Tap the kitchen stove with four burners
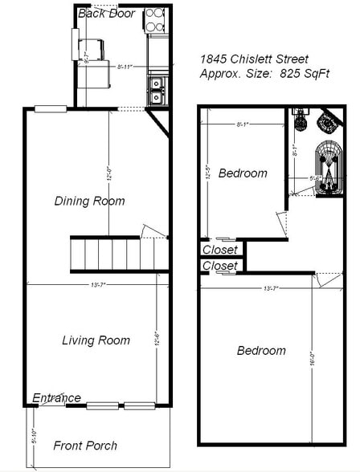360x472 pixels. [156, 20]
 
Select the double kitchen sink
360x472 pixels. [156, 90]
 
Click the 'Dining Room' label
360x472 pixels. [89, 201]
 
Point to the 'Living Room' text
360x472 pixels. [96, 340]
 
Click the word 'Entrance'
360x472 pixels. [56, 397]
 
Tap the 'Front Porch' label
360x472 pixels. [85, 445]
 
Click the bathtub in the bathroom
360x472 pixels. [328, 169]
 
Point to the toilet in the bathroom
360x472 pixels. [301, 120]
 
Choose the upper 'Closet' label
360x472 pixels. [220, 250]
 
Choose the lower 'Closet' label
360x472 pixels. [220, 265]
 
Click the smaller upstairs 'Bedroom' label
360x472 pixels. [243, 173]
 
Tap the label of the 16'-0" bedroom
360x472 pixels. [261, 351]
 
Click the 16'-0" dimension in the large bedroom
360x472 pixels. [310, 361]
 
